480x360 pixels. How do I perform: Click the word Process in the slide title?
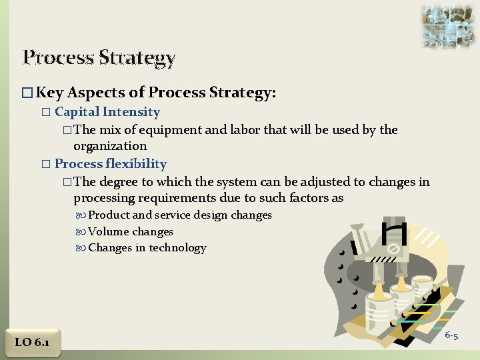(x=59, y=57)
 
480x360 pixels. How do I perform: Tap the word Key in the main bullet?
(x=50, y=92)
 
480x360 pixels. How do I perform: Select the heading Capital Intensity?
(x=107, y=112)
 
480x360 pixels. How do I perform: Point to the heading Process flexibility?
(x=110, y=163)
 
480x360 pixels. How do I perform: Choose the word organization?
(x=110, y=145)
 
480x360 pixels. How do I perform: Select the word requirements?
(x=169, y=197)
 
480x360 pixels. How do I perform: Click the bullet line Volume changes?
(x=130, y=231)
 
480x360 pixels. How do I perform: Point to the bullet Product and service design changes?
(x=180, y=215)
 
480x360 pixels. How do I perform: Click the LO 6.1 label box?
(x=32, y=342)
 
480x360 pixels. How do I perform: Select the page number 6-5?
(x=451, y=335)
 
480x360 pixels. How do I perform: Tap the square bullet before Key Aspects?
(x=27, y=93)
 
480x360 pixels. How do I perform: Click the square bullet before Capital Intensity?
(x=45, y=112)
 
